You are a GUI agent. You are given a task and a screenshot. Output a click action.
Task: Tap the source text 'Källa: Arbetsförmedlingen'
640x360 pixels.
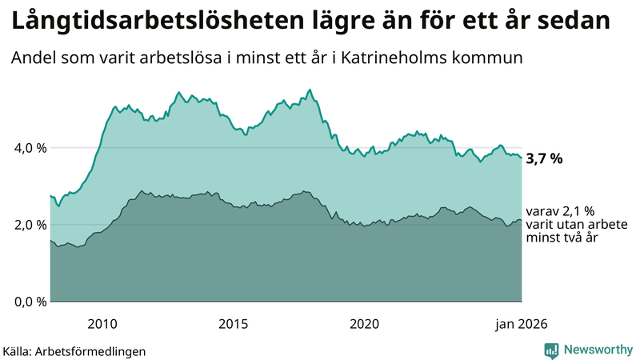point(74,350)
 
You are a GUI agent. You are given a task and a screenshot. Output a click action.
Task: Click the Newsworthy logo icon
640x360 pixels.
point(551,350)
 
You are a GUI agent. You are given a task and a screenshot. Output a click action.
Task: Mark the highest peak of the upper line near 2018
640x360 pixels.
point(310,90)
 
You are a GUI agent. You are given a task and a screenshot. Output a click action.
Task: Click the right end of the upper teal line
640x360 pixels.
point(522,158)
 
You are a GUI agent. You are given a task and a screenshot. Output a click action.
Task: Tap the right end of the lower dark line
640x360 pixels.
point(522,220)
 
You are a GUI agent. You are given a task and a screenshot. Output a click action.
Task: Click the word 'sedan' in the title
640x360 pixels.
point(574,22)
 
